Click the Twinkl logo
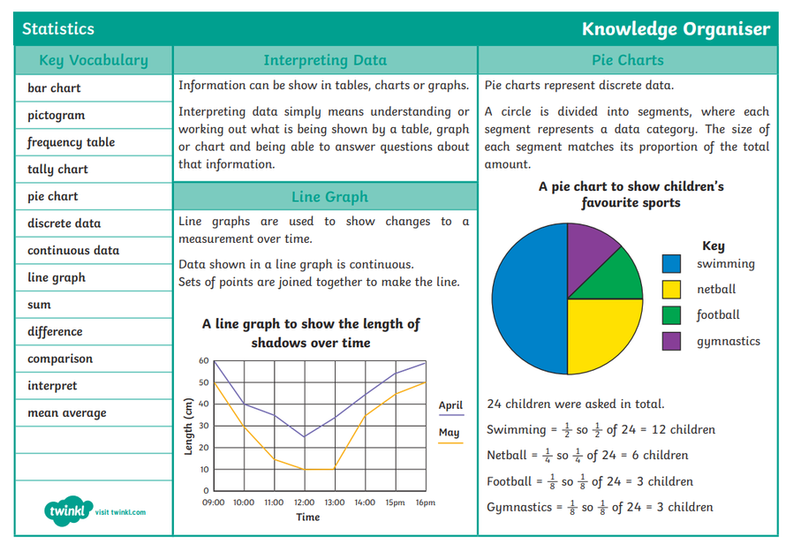[69, 511]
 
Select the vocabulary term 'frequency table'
[71, 142]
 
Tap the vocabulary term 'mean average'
[66, 412]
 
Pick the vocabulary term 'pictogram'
[56, 115]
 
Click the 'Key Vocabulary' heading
[94, 60]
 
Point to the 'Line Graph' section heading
[329, 196]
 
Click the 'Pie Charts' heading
[627, 60]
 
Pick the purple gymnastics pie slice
[586, 252]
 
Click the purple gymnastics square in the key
[672, 341]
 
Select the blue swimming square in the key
[672, 263]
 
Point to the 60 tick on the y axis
[203, 361]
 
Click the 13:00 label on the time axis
[334, 502]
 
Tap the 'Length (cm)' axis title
[188, 427]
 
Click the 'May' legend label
[450, 433]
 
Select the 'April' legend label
[450, 405]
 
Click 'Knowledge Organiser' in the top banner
[676, 29]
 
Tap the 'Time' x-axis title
[307, 517]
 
